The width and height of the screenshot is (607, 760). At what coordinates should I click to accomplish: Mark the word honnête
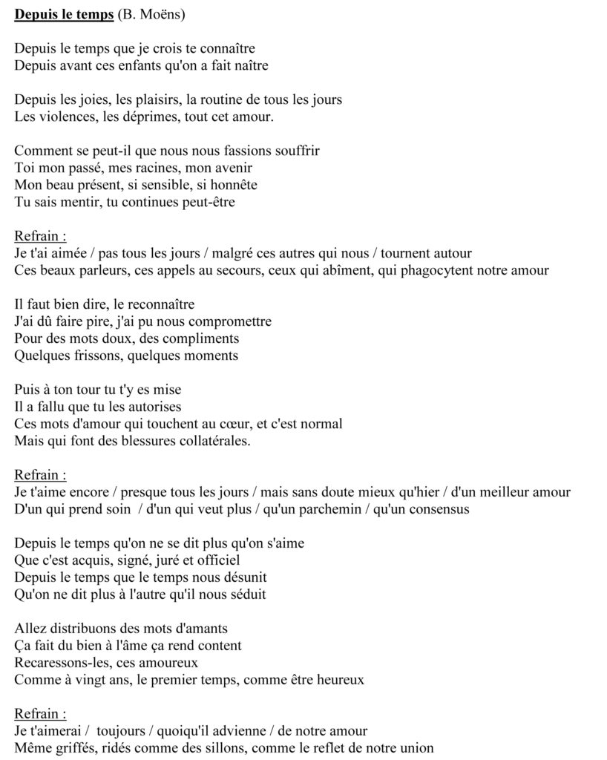[x=231, y=185]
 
